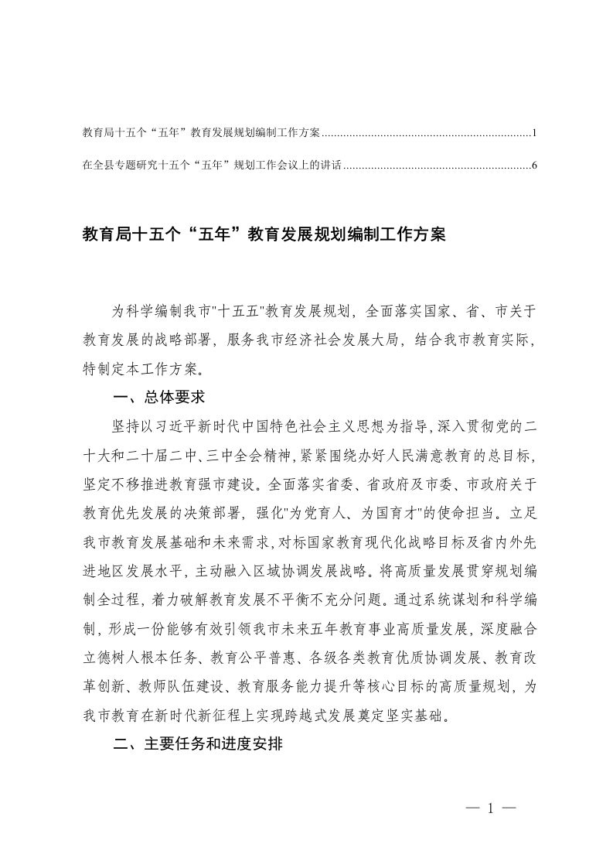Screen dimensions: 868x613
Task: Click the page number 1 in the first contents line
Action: (x=533, y=134)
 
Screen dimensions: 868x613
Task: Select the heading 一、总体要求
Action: (x=158, y=398)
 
